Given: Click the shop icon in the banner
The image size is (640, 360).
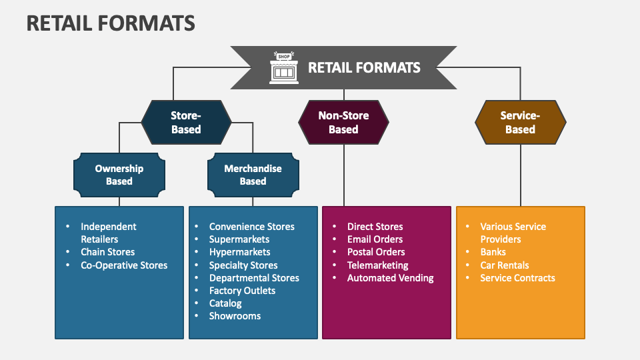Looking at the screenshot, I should (284, 67).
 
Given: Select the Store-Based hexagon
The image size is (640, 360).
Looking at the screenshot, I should (186, 123).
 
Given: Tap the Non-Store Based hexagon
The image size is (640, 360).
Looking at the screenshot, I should (343, 123).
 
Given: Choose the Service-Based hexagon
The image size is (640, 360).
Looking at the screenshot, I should (520, 123).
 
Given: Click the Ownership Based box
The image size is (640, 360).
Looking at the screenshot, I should (119, 175).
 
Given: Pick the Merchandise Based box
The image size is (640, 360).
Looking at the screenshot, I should (253, 175).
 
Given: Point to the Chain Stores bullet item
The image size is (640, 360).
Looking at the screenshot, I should (107, 252).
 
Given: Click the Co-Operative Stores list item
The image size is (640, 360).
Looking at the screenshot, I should (124, 265).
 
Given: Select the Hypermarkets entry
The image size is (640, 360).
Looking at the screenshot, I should (239, 252).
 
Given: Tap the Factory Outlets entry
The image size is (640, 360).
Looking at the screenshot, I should (242, 291).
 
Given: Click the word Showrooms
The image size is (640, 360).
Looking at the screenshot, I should (235, 316).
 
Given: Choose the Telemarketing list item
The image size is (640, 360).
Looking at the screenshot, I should (377, 265).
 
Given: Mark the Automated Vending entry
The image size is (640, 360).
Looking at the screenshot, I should (390, 278).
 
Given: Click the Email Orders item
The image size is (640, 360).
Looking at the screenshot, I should (375, 239).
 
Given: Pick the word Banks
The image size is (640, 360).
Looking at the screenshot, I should (493, 252).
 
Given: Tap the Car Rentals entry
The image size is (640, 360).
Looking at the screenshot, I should (504, 265).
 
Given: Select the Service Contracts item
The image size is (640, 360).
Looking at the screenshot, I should (517, 278).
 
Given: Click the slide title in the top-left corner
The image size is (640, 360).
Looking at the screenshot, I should (111, 23).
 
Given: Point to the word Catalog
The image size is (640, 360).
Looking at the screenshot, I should (225, 303).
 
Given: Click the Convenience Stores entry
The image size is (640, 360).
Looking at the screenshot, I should (251, 227).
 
